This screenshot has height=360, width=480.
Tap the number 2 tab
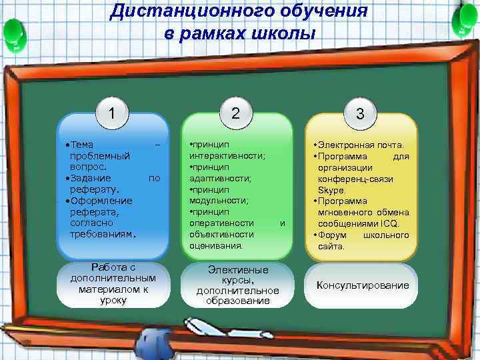235,113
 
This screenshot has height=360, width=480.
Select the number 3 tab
360,114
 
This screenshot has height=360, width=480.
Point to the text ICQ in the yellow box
398,224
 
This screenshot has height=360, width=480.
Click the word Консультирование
363,285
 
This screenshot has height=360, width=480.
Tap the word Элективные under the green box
238,270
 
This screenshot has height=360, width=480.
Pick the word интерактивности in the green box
226,155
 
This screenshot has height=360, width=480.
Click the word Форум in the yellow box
331,235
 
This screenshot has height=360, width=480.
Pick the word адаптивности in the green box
219,179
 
